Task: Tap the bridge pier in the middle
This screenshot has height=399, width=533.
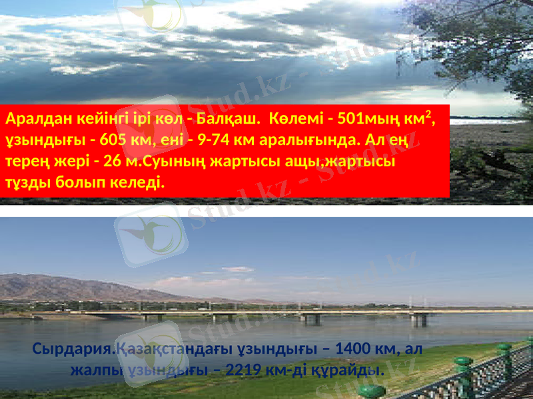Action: click(312, 319)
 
